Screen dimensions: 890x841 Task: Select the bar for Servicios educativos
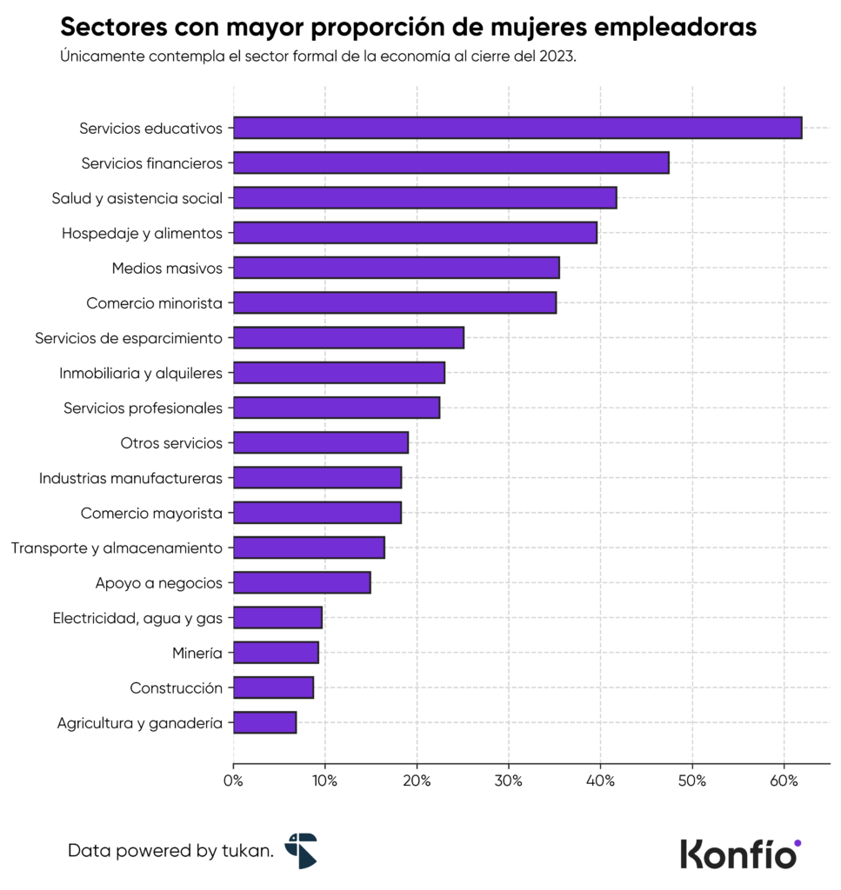(x=517, y=128)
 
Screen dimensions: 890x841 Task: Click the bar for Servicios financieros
(x=451, y=163)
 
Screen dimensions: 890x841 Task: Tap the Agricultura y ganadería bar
(x=264, y=722)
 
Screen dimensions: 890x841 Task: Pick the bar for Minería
(x=276, y=653)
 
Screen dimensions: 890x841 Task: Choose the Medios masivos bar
(x=396, y=268)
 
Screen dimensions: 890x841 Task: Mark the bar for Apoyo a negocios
(x=302, y=582)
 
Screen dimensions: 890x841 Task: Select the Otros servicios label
(x=171, y=443)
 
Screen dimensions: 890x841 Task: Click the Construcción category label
(x=176, y=687)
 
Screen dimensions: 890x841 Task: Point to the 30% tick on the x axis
(x=509, y=780)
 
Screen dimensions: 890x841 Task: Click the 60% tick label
(x=784, y=780)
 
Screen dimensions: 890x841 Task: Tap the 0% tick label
(x=233, y=780)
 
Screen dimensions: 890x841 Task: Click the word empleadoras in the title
(x=675, y=28)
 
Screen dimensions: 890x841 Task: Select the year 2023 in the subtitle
(x=557, y=56)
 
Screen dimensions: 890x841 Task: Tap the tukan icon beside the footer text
(x=302, y=850)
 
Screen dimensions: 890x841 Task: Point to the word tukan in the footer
(x=251, y=851)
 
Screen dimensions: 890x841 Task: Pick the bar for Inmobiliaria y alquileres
(x=339, y=373)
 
